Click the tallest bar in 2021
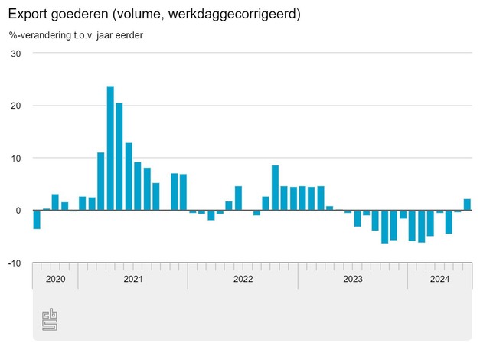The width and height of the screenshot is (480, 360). point(110,148)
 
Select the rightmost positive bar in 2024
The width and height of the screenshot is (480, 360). point(467,205)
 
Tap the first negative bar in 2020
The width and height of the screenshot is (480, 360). point(37,219)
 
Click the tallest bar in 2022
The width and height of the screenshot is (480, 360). point(275,188)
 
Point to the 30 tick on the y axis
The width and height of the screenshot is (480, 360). point(15,54)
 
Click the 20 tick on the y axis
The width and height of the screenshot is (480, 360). point(15,106)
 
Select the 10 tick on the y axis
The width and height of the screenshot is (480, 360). point(15,158)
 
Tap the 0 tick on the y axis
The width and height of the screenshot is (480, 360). point(18,210)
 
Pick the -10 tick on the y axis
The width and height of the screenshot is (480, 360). point(14,263)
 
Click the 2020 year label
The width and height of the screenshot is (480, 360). point(56,279)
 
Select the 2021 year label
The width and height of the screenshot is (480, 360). point(133,279)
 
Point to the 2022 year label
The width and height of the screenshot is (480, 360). point(243,279)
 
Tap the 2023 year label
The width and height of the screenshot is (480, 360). point(352,279)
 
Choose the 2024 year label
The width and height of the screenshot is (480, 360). point(439,279)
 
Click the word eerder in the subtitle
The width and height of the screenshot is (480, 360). point(128,35)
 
